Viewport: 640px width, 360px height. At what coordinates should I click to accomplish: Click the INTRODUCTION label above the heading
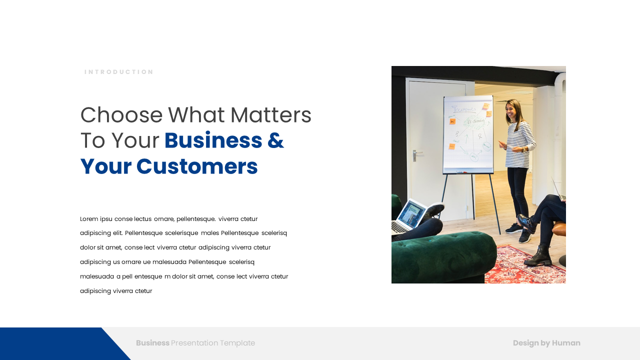(119, 72)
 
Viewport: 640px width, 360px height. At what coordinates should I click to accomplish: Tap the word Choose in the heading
(121, 115)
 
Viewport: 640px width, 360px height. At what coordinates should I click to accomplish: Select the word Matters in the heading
(271, 115)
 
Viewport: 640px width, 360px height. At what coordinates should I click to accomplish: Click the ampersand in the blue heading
(275, 140)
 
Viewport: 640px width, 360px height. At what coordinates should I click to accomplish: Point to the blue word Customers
(197, 166)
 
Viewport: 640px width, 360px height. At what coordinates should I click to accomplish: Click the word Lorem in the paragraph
(89, 219)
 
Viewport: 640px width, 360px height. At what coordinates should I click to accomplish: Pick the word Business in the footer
(152, 343)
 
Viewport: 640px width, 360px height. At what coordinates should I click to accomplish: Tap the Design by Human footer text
(546, 343)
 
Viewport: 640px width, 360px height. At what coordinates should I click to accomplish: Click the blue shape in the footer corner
(57, 343)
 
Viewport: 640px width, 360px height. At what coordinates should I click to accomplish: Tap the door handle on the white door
(416, 155)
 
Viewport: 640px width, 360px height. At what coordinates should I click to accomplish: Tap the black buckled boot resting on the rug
(538, 256)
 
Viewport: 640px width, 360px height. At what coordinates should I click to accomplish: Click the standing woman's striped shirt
(519, 144)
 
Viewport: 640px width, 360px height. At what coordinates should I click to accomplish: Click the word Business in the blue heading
(213, 140)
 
